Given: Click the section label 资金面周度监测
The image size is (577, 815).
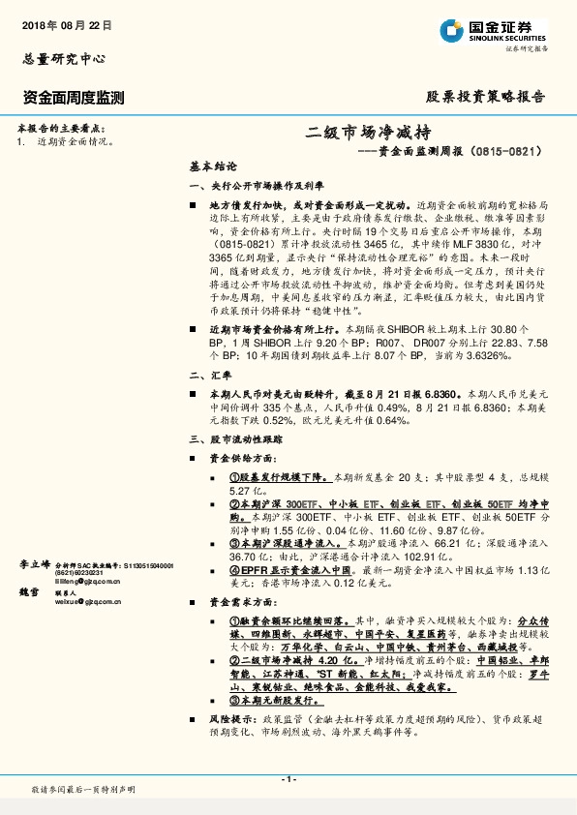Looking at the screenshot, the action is tap(73, 98).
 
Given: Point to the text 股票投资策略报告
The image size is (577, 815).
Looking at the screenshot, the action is tap(486, 98).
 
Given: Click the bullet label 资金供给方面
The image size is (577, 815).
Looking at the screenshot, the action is tap(256, 458).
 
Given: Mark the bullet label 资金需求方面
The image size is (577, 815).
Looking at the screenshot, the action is tap(256, 601).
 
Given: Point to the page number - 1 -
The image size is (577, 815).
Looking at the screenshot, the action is tap(288, 780).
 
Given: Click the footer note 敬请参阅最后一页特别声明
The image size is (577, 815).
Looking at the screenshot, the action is tap(82, 790).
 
